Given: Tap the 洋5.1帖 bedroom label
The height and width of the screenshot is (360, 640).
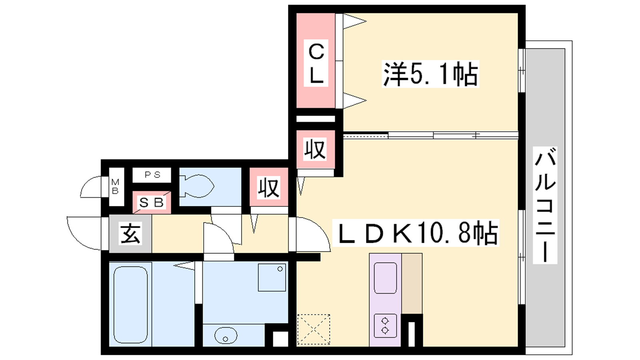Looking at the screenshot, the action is pyautogui.click(x=430, y=74).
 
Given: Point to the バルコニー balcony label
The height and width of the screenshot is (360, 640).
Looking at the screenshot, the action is pyautogui.click(x=545, y=205).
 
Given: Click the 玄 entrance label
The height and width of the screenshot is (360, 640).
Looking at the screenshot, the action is pyautogui.click(x=130, y=234).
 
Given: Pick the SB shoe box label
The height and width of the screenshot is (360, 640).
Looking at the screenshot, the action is pyautogui.click(x=152, y=202).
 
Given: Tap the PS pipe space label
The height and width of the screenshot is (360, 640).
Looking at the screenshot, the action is pyautogui.click(x=152, y=174).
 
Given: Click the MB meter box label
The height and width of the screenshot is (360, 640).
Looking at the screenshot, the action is pyautogui.click(x=115, y=186).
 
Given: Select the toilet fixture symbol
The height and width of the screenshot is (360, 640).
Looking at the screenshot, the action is pyautogui.click(x=197, y=186).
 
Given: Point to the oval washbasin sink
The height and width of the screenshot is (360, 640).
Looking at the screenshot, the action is pyautogui.click(x=226, y=336).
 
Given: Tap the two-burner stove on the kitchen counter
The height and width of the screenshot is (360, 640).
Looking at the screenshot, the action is pyautogui.click(x=385, y=326).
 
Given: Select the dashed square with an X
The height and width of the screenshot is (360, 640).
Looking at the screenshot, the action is pyautogui.click(x=314, y=329).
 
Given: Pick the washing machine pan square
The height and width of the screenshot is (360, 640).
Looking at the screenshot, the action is pyautogui.click(x=272, y=278).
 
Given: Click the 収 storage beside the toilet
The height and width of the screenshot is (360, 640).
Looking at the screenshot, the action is pyautogui.click(x=268, y=187).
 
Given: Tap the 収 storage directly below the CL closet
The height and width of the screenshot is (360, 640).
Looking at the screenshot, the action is pyautogui.click(x=316, y=149).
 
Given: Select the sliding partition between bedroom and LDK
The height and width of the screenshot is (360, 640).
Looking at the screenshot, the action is pyautogui.click(x=430, y=136).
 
